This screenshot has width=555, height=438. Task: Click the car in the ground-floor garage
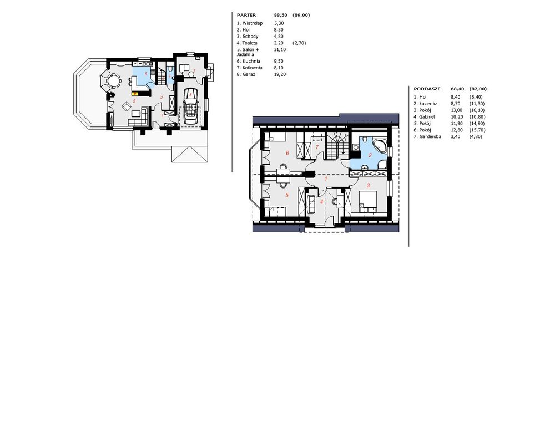191,105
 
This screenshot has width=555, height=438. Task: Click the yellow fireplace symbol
134,94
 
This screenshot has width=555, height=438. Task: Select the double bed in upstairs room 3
368,201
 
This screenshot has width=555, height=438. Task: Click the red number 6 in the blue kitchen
146,74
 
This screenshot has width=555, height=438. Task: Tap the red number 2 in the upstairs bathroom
370,155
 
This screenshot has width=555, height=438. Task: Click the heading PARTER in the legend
246,15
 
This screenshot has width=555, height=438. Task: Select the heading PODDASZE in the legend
427,89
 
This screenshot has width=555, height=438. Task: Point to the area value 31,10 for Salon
280,49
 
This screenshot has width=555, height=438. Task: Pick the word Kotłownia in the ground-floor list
253,68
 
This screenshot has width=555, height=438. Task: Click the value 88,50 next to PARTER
280,15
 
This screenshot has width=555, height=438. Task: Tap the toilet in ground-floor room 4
170,68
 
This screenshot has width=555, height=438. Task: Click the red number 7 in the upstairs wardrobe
317,147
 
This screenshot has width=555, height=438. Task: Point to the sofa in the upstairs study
311,203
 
